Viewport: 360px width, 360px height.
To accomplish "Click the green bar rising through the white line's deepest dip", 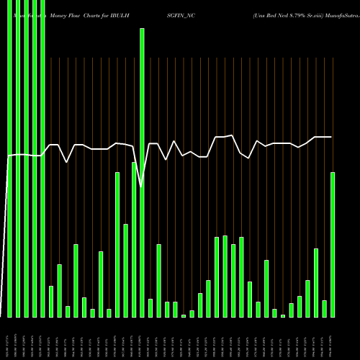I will (142, 173).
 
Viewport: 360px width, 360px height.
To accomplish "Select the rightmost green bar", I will (333, 245).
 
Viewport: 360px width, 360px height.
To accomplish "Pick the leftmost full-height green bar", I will (10, 158).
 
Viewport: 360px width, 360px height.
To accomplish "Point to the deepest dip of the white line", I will (142, 187).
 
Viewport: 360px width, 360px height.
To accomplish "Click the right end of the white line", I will (331, 137).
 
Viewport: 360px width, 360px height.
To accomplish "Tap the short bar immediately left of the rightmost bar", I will (325, 308).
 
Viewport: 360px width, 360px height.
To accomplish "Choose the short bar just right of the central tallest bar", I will (150, 307).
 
